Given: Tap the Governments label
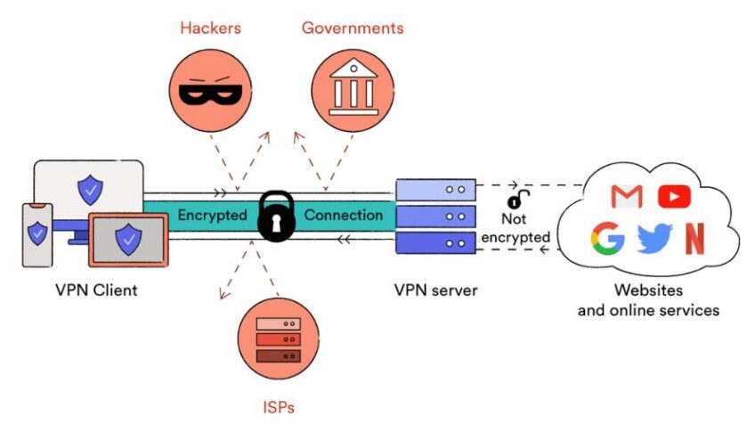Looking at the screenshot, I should (x=353, y=28).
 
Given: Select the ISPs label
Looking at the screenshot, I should (x=278, y=408).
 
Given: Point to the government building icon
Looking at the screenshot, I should (x=353, y=90).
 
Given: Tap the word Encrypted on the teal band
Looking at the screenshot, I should (x=212, y=215).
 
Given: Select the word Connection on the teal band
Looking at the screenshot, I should (x=344, y=215).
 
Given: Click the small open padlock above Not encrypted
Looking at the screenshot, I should (x=515, y=201).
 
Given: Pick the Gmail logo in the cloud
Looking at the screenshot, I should (x=628, y=196).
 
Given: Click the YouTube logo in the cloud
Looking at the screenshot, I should (x=674, y=196).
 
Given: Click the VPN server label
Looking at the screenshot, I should (x=435, y=290).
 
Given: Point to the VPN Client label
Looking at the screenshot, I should (x=96, y=290).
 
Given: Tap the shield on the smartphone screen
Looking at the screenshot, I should (x=37, y=233).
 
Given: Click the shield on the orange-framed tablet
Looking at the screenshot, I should (x=128, y=237).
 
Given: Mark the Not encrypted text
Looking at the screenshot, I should (x=516, y=229).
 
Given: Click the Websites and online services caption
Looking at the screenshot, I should (x=648, y=300).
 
